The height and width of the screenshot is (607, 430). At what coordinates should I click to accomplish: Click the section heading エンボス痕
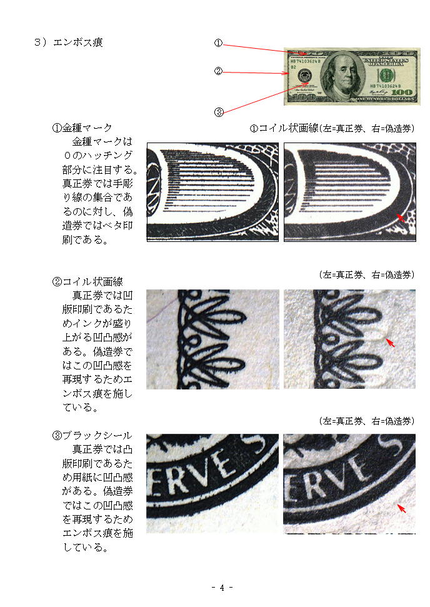click(x=77, y=42)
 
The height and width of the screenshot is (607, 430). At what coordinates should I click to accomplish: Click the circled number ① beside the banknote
click(x=218, y=43)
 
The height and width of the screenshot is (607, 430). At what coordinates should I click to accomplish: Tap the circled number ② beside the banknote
click(x=218, y=71)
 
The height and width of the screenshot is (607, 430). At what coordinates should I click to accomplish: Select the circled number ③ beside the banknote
click(x=219, y=113)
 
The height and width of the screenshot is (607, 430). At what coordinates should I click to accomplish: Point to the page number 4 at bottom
click(x=222, y=588)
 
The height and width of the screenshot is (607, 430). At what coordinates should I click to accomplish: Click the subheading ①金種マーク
click(x=82, y=128)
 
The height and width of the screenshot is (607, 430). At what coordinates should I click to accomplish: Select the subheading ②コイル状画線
click(x=87, y=281)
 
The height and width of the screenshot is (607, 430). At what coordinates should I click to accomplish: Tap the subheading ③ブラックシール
click(x=92, y=436)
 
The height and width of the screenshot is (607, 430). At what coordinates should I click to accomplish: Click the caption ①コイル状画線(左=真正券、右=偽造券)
click(x=332, y=128)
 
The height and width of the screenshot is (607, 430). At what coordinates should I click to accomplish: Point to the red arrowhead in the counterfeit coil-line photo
click(x=390, y=342)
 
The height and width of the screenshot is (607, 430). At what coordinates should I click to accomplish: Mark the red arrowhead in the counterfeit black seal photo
click(x=402, y=508)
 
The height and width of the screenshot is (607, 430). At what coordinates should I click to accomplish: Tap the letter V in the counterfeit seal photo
click(x=346, y=471)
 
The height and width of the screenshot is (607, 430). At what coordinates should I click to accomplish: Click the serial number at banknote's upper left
click(x=306, y=61)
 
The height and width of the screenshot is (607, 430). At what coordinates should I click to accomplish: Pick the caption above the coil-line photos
click(x=366, y=275)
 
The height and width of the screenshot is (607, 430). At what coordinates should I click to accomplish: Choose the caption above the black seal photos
click(x=366, y=421)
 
